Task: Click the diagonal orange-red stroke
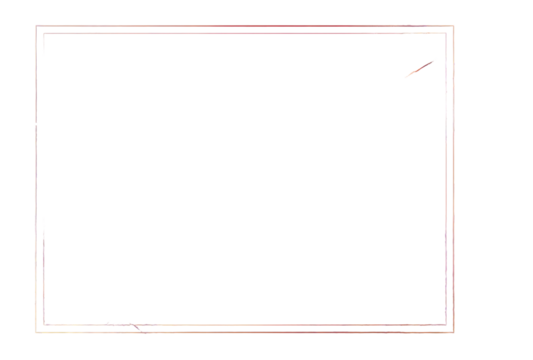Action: [x=420, y=68]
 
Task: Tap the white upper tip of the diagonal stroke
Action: [x=436, y=60]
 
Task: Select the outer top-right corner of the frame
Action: [x=455, y=26]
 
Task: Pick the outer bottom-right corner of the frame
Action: [x=455, y=332]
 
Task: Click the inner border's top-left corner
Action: [x=42, y=34]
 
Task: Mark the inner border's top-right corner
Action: [x=446, y=34]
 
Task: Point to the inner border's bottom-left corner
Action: [x=42, y=324]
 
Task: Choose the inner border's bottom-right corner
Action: [x=446, y=324]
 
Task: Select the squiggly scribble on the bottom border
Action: [x=130, y=325]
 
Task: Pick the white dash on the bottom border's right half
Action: [x=340, y=328]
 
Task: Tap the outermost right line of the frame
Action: [x=455, y=180]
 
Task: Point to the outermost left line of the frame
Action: [x=34, y=180]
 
